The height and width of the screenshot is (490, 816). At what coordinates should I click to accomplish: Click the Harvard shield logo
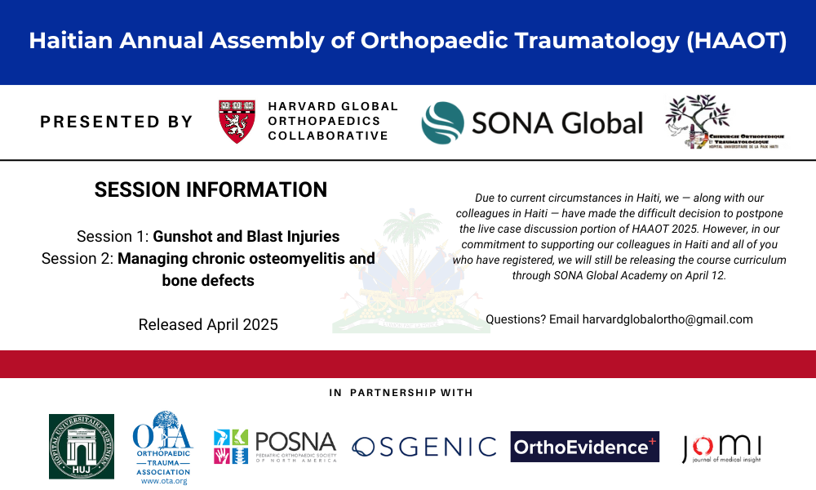click(x=237, y=122)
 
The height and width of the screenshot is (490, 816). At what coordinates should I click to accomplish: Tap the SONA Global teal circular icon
click(x=441, y=122)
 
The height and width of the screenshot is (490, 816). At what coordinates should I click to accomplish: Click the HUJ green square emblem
click(x=82, y=446)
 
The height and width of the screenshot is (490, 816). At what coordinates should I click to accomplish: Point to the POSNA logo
click(x=275, y=446)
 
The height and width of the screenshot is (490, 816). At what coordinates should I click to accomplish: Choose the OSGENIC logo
click(x=424, y=447)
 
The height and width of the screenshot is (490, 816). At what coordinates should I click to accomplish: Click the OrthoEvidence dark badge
click(x=585, y=447)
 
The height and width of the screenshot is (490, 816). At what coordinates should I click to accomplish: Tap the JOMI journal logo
click(x=721, y=448)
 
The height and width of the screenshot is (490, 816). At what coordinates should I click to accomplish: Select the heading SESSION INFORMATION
click(x=211, y=190)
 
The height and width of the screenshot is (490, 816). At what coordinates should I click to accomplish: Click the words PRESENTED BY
click(x=116, y=122)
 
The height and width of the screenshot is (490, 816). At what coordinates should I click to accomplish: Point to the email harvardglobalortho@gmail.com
click(x=667, y=319)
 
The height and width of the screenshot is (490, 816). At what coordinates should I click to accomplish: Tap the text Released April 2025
click(x=208, y=324)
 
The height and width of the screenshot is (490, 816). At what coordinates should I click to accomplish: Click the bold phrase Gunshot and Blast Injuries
click(x=246, y=237)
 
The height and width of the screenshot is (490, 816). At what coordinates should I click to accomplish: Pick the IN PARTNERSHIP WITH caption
click(x=401, y=393)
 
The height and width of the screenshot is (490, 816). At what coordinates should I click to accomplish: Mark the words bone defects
click(x=208, y=280)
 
